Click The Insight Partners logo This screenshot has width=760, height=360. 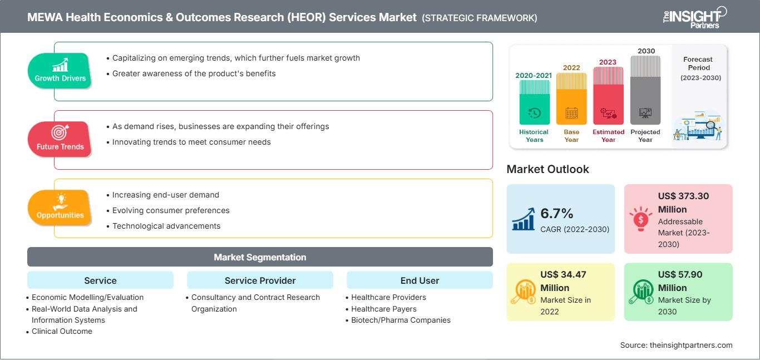[694, 17]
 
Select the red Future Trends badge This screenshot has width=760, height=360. [59, 139]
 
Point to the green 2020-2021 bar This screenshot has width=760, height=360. [534, 102]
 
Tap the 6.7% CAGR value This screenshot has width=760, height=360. [556, 214]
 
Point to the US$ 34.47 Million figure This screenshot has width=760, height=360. [563, 281]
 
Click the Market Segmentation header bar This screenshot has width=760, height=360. [260, 257]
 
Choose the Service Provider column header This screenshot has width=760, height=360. [260, 280]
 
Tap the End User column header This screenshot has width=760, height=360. [420, 280]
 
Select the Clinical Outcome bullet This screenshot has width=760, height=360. [62, 331]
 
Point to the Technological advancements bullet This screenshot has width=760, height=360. [166, 226]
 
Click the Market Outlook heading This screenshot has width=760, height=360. [547, 169]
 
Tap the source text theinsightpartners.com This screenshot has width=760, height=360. [676, 345]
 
